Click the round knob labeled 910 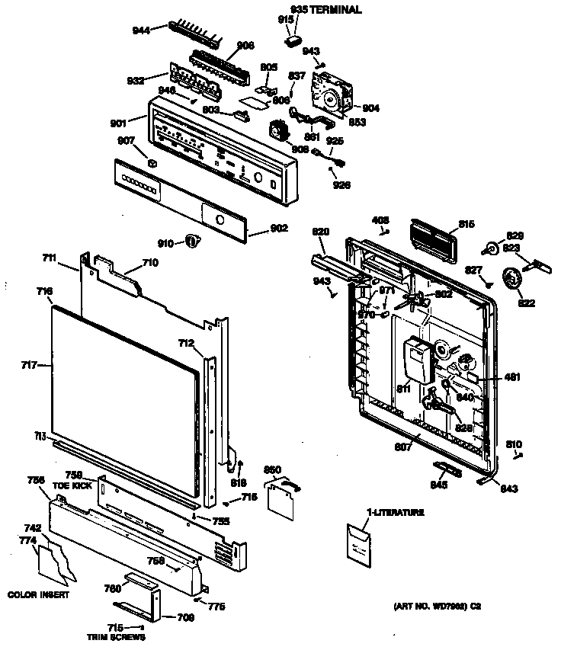(192, 242)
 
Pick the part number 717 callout (30, 366)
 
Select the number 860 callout (273, 470)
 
